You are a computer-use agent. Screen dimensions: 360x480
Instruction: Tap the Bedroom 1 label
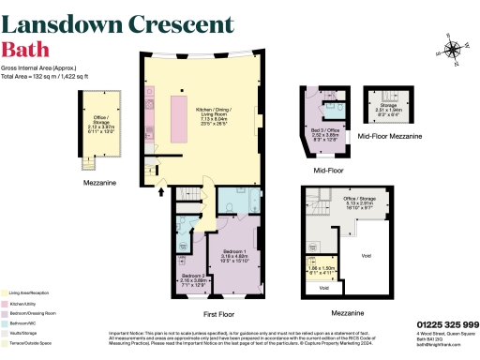click(x=235, y=254)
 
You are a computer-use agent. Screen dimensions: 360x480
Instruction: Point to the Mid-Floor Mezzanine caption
click(x=390, y=137)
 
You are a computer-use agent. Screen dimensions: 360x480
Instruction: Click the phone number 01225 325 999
click(x=446, y=324)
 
